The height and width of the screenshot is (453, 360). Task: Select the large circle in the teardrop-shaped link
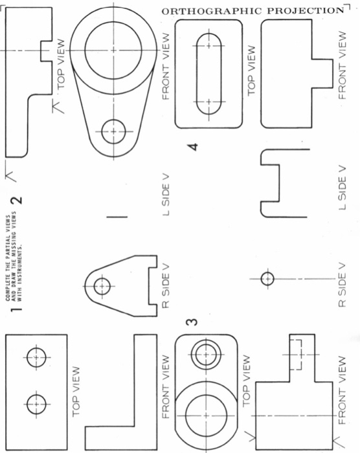114,49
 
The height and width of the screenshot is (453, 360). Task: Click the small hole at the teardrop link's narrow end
114,130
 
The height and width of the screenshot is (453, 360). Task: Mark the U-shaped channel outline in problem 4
279,184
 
